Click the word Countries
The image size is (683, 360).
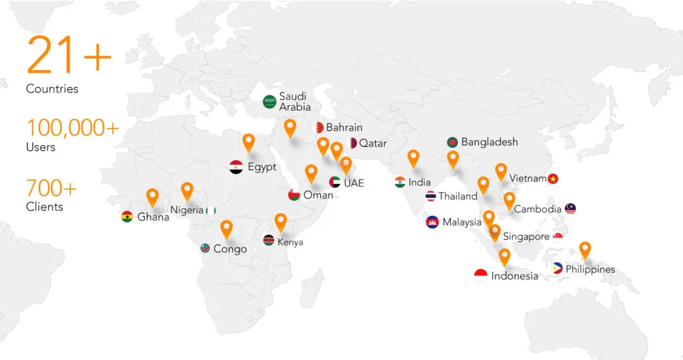[52, 89]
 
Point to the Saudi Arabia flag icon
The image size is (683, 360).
[269, 102]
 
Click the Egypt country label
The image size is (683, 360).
[261, 167]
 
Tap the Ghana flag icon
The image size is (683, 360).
[127, 217]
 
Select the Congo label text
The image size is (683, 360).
[229, 249]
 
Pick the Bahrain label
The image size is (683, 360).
[344, 127]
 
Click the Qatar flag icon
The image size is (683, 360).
[353, 143]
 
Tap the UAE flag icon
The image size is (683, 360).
[335, 182]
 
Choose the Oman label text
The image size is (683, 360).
[317, 195]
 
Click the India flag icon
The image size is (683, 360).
[400, 182]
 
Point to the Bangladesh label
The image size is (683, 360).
[490, 142]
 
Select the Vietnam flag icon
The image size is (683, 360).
[553, 179]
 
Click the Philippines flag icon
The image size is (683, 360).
[558, 269]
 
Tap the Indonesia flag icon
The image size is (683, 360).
[481, 275]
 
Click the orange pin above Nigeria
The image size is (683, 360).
[187, 191]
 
